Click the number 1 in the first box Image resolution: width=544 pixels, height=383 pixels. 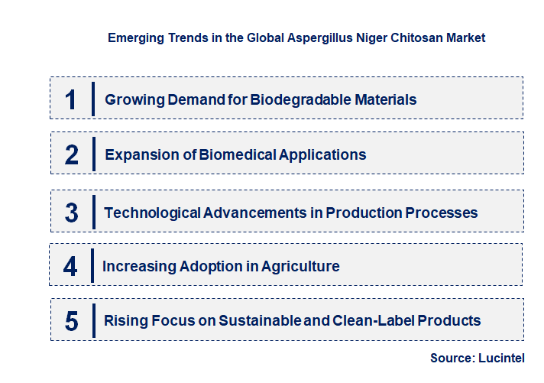pos(71,99)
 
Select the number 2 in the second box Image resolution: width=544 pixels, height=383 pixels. pos(71,155)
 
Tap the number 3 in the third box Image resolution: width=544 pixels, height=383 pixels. pos(71,213)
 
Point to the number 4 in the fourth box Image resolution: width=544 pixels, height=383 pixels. pos(70,267)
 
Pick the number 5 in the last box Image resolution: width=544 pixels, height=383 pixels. pos(71,321)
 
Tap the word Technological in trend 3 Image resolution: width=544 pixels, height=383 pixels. pos(152,213)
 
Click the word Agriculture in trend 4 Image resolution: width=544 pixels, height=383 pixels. pos(300,266)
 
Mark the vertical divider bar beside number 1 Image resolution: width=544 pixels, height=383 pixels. pos(92,99)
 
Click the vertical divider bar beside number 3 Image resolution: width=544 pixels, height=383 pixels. pos(92,212)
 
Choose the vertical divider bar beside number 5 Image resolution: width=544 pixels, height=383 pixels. pos(92,320)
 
